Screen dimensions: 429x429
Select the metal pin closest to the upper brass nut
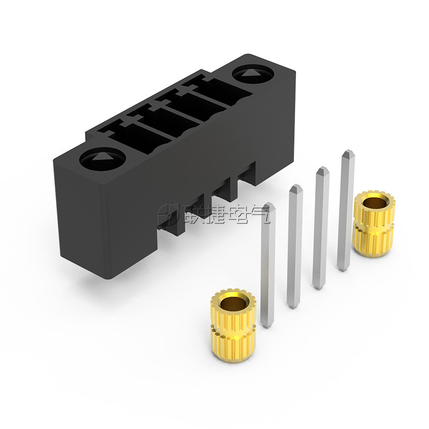(x=346, y=210)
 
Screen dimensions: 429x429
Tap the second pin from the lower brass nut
(x=294, y=246)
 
